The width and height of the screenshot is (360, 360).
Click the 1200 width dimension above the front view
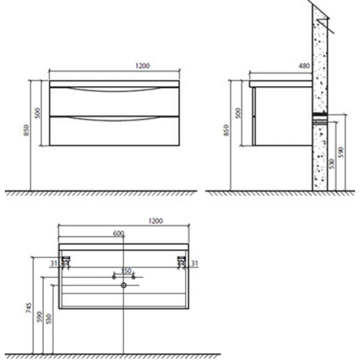(143, 66)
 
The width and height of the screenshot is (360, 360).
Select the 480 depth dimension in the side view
(304, 66)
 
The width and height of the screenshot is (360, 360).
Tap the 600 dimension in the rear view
(118, 234)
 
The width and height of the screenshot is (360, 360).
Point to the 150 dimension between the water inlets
(126, 271)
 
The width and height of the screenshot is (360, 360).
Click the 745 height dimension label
(29, 308)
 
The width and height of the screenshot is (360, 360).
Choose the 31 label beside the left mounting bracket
(54, 263)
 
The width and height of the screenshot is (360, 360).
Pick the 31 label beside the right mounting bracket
(195, 263)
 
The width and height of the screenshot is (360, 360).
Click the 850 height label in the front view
(27, 130)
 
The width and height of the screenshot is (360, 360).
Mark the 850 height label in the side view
(226, 130)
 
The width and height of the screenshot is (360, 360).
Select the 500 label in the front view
(38, 113)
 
